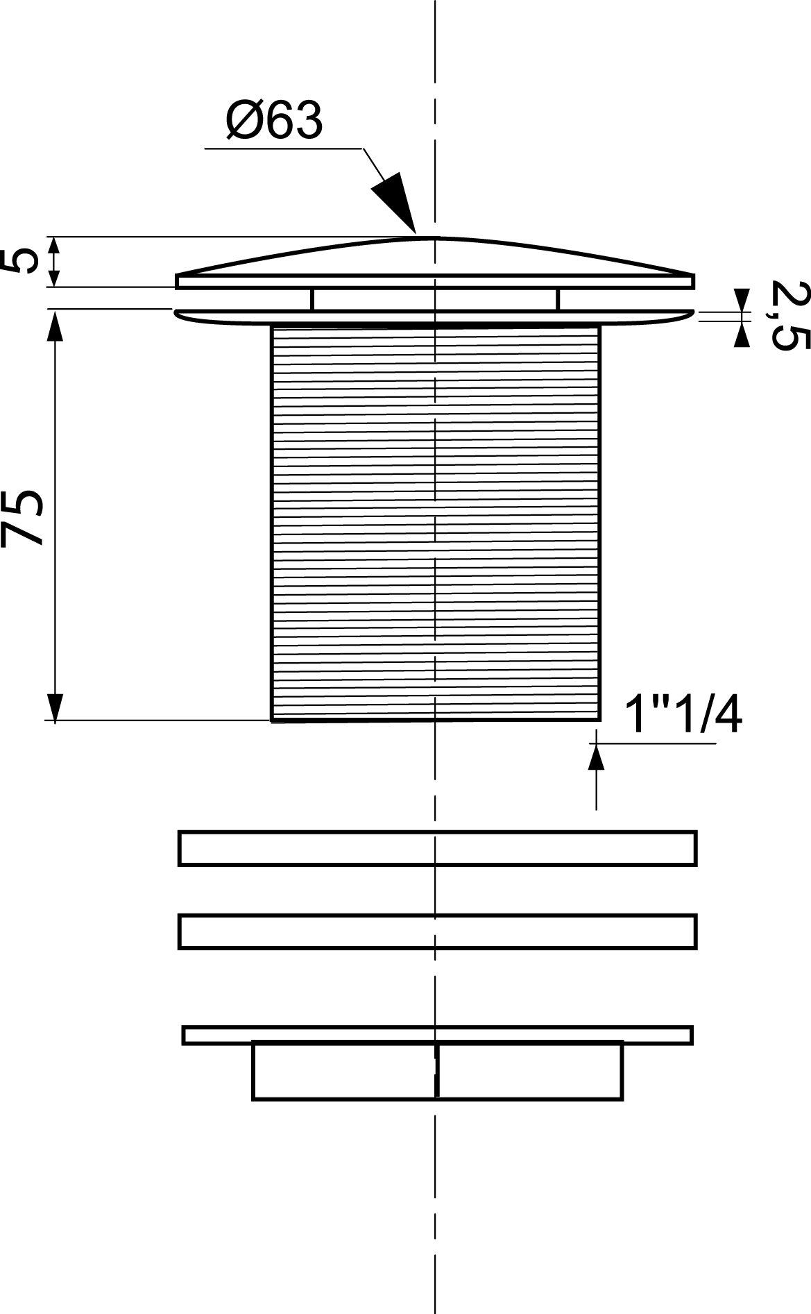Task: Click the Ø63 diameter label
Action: click(x=275, y=121)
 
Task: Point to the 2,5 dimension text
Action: click(x=780, y=315)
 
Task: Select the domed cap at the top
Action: click(x=435, y=263)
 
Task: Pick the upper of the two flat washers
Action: click(x=437, y=848)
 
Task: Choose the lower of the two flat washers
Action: click(x=437, y=932)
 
